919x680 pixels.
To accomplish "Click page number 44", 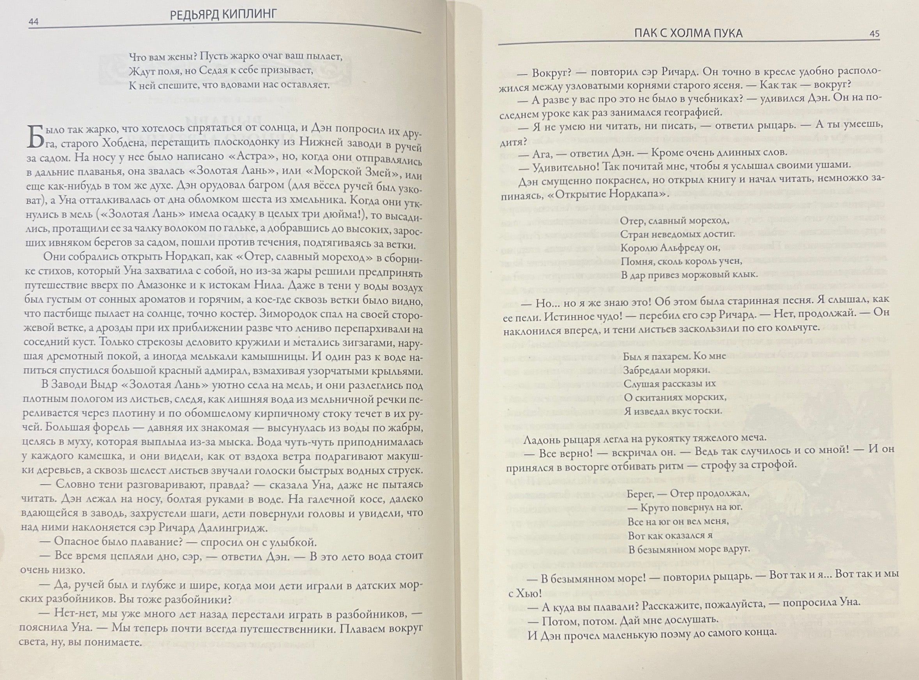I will click(x=33, y=22).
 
